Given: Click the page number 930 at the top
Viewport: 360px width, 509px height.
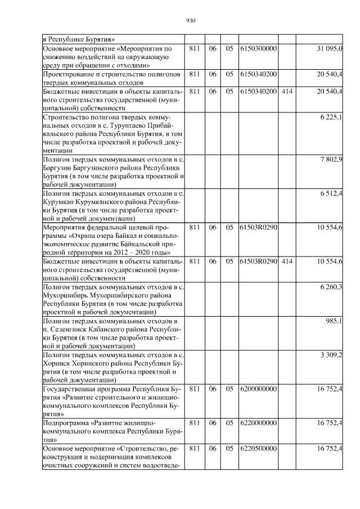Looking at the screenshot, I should pyautogui.click(x=190, y=21).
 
